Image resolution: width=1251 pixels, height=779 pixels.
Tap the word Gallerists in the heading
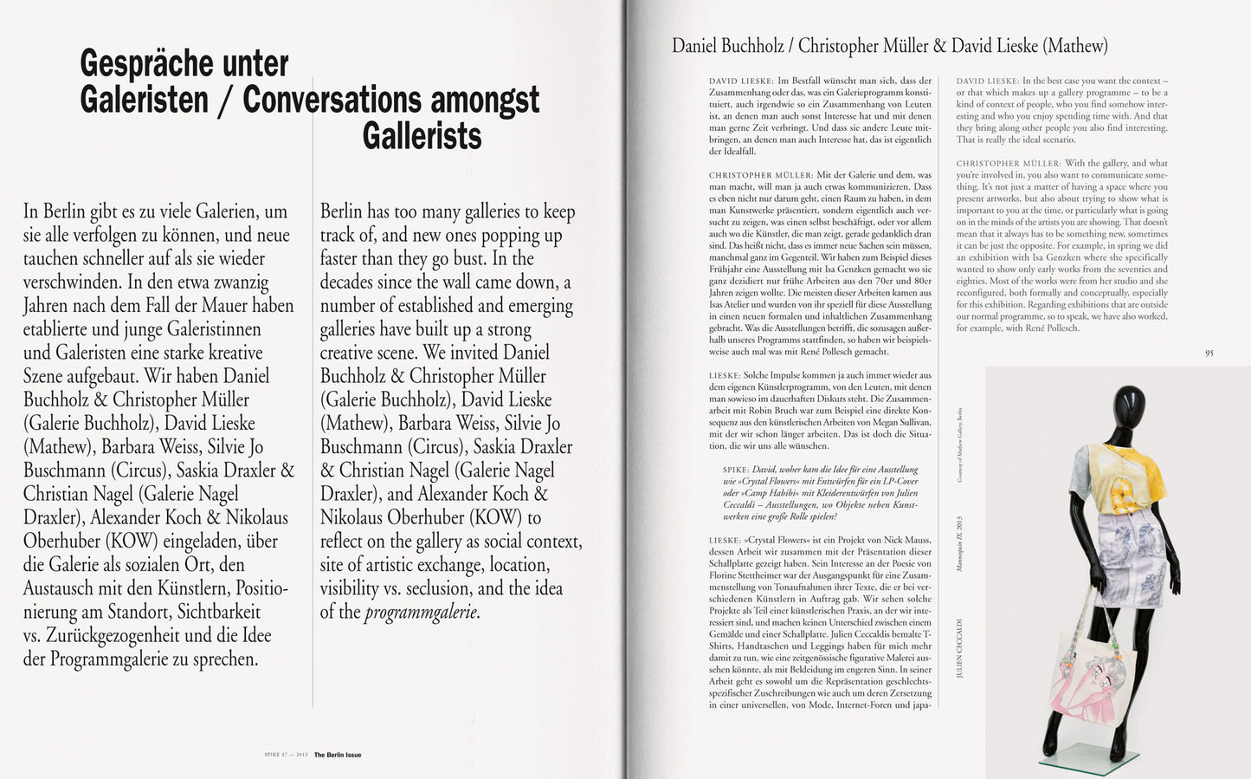422,136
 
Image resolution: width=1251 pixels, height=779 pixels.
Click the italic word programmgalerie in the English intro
421,613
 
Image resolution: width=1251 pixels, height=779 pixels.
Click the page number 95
1209,353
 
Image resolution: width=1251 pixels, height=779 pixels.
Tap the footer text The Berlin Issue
338,755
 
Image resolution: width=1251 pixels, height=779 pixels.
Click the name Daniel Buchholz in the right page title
731,46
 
